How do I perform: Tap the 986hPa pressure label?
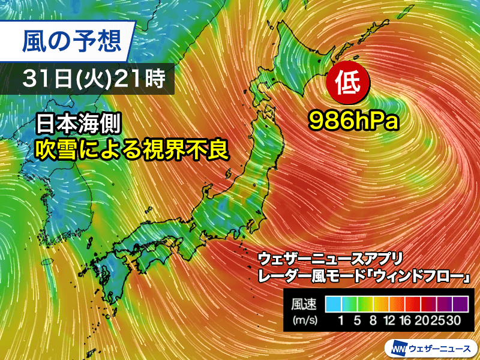tap(354, 122)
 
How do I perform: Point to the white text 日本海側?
tap(79, 125)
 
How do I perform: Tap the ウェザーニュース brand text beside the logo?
tap(442, 347)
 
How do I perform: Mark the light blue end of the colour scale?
tap(332, 303)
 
